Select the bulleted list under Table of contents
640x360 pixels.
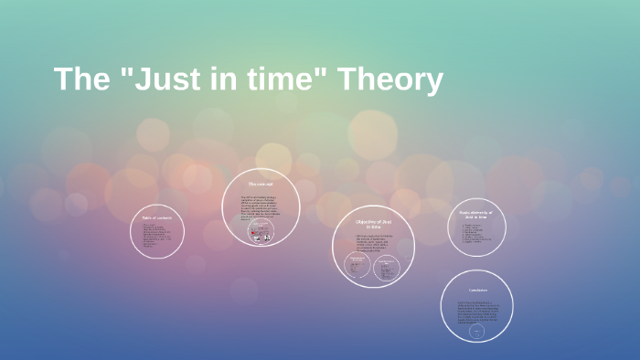[x=157, y=235]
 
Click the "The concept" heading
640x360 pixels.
[x=261, y=185]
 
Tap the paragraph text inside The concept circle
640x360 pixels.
[x=261, y=207]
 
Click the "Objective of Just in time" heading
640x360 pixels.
[x=373, y=223]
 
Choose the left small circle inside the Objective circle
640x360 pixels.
[x=357, y=267]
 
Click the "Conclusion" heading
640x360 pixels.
[x=475, y=291]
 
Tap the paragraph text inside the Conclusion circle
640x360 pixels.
[x=475, y=310]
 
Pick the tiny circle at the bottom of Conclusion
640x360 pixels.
[x=475, y=334]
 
